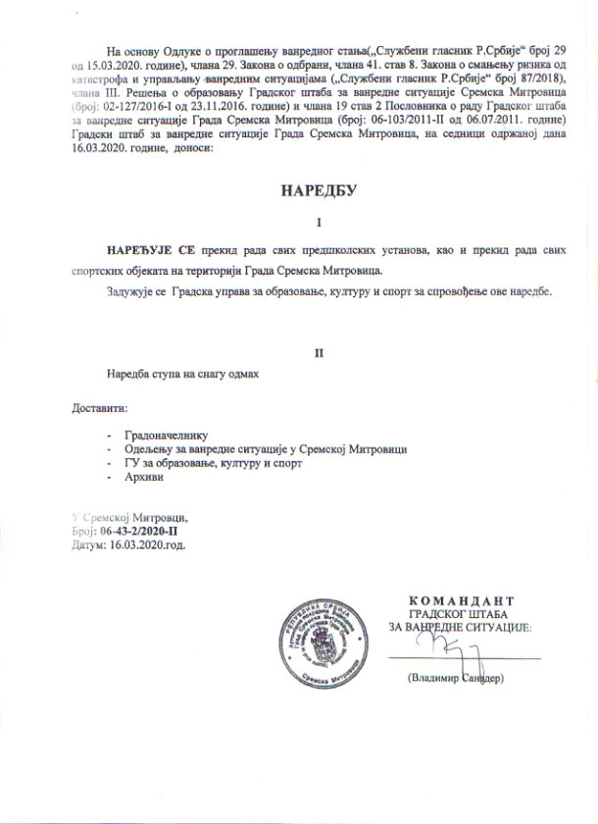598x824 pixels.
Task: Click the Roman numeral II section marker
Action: pos(318,350)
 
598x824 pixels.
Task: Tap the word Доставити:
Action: pos(100,407)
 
